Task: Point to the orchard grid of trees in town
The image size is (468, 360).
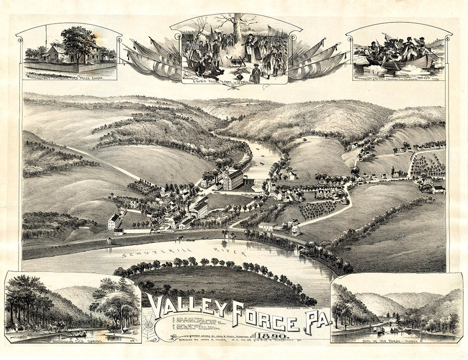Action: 318,210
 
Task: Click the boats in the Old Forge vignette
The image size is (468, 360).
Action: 384,330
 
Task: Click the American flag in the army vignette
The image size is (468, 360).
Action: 272,30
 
